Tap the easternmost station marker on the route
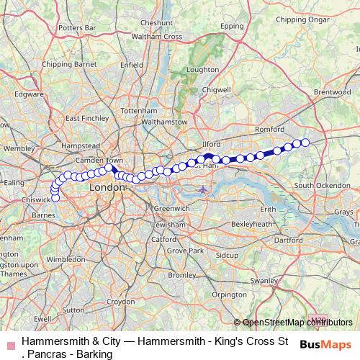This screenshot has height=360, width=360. (305, 143)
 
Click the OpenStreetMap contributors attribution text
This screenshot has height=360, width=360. (297, 323)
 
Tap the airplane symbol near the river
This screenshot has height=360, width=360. (204, 189)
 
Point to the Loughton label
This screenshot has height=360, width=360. (202, 70)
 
